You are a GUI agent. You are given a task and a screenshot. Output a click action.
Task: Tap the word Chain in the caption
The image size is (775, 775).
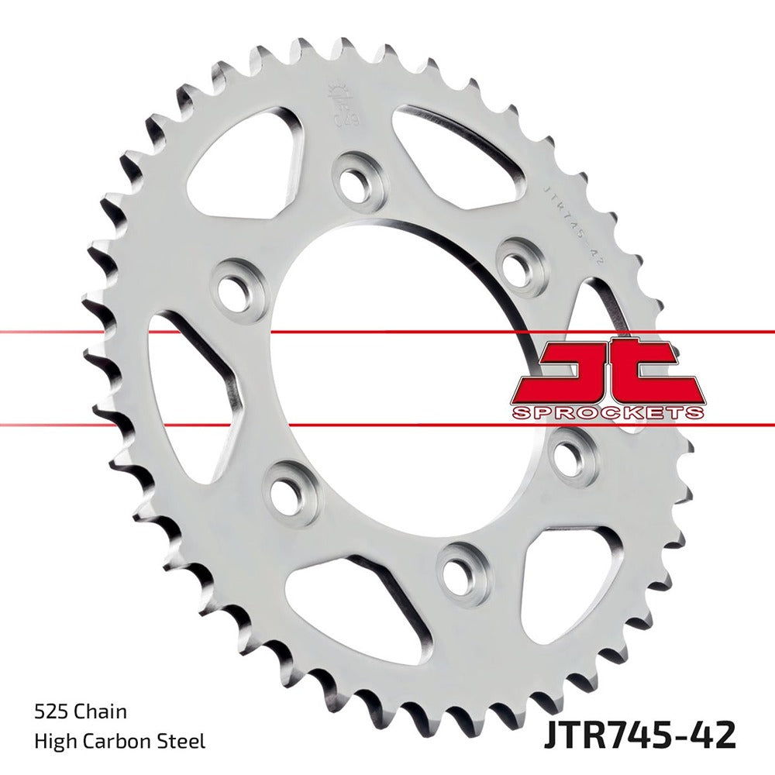click(x=100, y=711)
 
